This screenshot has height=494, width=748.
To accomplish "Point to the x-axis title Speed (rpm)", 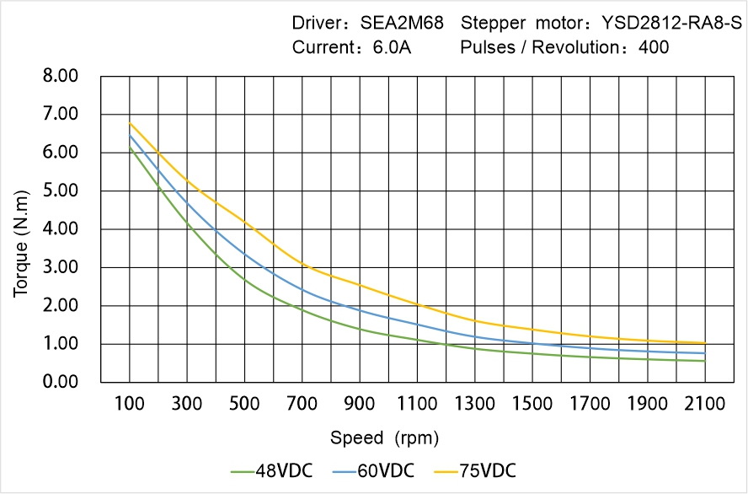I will click(x=384, y=438).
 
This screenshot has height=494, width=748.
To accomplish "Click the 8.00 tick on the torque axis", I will click(x=60, y=76).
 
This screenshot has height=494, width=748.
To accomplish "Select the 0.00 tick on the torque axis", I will click(x=60, y=382).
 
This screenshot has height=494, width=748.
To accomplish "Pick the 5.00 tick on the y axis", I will click(x=60, y=191).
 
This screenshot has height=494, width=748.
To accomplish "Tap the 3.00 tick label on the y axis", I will click(x=60, y=267).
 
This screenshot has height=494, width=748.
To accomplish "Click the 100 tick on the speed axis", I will click(x=130, y=404).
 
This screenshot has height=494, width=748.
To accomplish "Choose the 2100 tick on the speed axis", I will click(x=705, y=404).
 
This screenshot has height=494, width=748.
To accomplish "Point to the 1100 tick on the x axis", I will click(x=418, y=404).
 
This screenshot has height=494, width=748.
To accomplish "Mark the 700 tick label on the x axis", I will click(x=302, y=404).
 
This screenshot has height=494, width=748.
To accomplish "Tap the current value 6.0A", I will click(x=392, y=47).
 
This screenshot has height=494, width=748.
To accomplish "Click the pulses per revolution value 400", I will click(x=654, y=47).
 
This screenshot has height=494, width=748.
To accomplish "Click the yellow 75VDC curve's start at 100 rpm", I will click(x=130, y=123).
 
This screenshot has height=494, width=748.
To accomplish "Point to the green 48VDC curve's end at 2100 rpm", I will click(x=705, y=361).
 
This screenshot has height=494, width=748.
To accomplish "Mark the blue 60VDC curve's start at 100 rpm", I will click(x=130, y=135).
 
